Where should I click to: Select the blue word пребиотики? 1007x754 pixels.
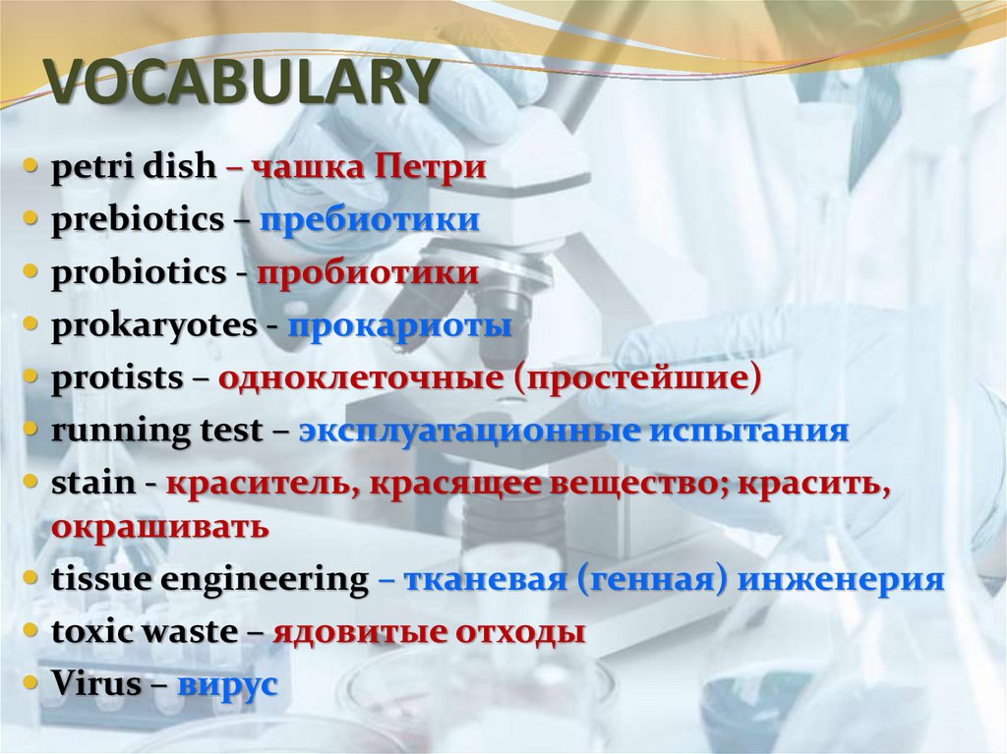[x=369, y=219]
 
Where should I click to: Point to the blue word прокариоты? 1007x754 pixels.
[x=399, y=325]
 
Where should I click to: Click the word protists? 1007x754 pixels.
[x=117, y=377]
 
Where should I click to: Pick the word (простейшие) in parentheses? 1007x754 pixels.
[x=635, y=377]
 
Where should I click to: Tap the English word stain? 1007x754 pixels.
[x=92, y=483]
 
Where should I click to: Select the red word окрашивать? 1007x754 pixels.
[x=159, y=526]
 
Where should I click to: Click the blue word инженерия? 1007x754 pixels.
[x=841, y=579]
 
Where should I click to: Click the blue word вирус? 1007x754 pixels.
[x=227, y=684]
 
